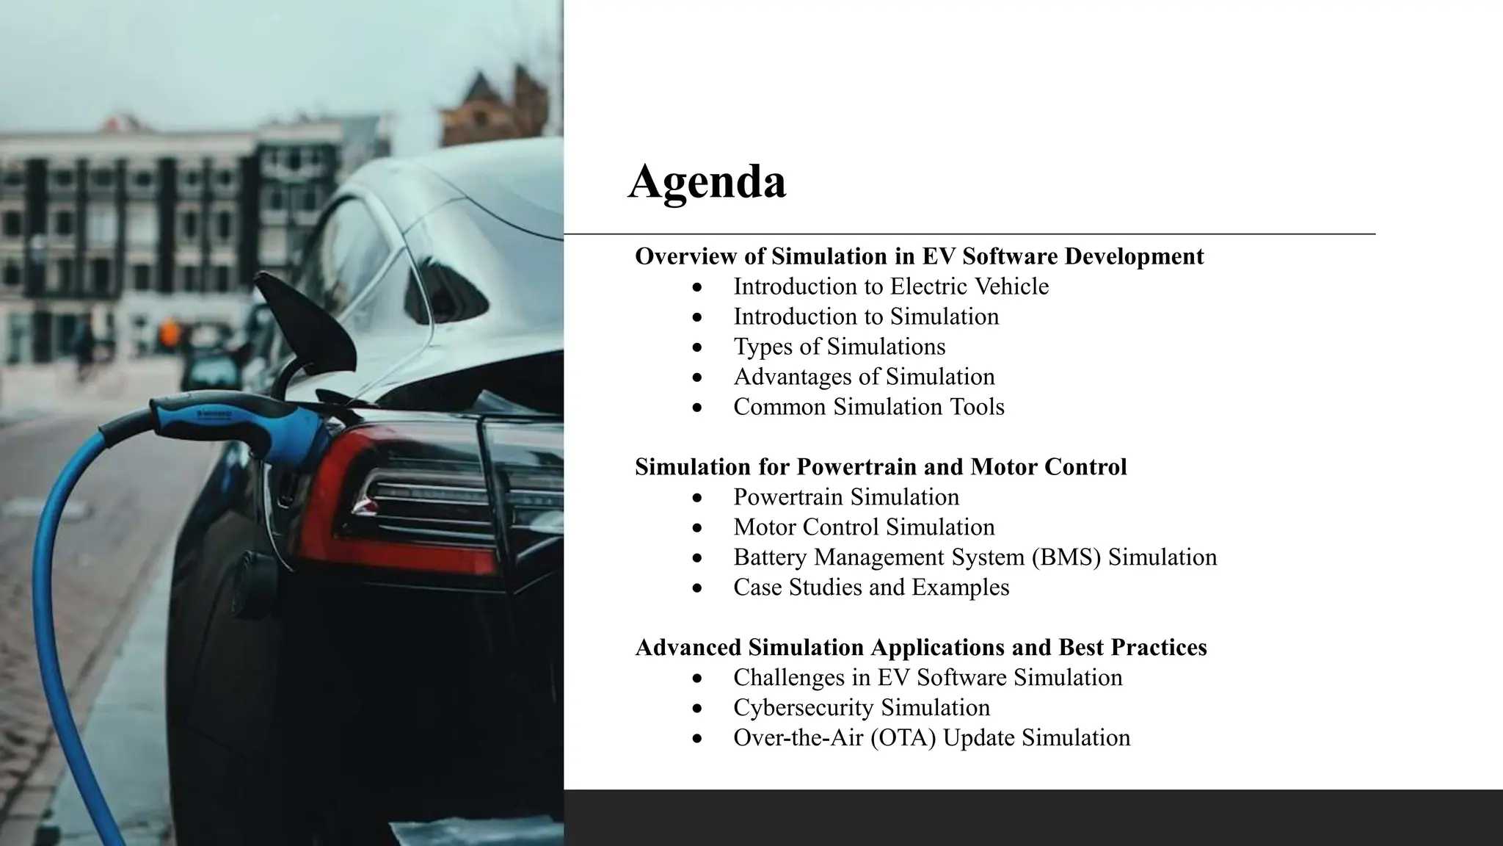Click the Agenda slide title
point(707,181)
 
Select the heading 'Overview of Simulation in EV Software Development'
point(919,256)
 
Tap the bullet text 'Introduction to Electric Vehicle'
point(891,286)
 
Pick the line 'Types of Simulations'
point(840,347)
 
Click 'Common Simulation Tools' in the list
point(869,407)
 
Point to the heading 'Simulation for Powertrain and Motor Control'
point(881,467)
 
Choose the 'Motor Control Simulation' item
point(864,527)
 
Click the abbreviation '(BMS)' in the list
point(1066,557)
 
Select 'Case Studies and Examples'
point(871,587)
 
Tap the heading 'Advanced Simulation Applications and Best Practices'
point(921,648)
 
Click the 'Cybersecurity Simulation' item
point(862,708)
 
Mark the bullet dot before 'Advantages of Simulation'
point(696,377)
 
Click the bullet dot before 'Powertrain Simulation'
point(696,498)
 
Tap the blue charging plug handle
point(242,426)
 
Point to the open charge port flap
point(308,316)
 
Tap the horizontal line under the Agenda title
point(969,234)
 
